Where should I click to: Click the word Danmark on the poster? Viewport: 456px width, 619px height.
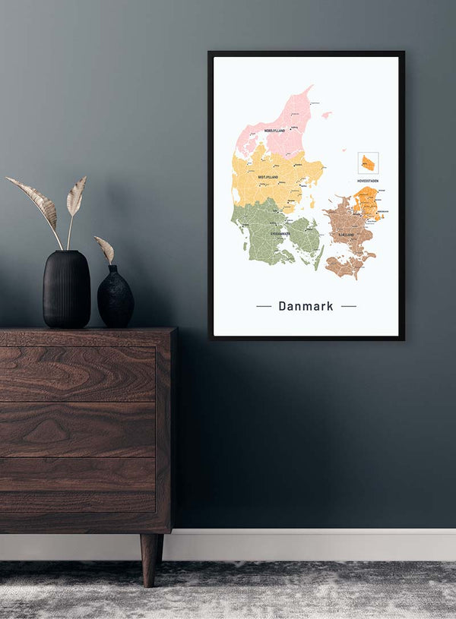pyautogui.click(x=306, y=306)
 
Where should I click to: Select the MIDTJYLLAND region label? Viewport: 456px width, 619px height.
pyautogui.click(x=268, y=177)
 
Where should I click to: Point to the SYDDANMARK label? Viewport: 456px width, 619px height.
pyautogui.click(x=280, y=233)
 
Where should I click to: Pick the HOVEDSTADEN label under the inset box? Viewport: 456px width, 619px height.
pyautogui.click(x=368, y=181)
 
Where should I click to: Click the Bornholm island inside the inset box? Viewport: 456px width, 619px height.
pyautogui.click(x=368, y=163)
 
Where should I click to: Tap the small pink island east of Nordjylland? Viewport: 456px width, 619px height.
pyautogui.click(x=326, y=115)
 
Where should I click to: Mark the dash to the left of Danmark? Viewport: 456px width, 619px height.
pyautogui.click(x=264, y=306)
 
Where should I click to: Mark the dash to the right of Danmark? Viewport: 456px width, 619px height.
pyautogui.click(x=348, y=306)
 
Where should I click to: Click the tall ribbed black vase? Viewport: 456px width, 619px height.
pyautogui.click(x=66, y=289)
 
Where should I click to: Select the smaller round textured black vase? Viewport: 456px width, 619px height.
pyautogui.click(x=116, y=298)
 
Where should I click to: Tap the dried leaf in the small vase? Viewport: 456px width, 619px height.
pyautogui.click(x=105, y=248)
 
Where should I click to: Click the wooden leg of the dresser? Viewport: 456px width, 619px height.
pyautogui.click(x=150, y=559)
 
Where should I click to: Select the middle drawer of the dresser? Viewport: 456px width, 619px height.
pyautogui.click(x=78, y=429)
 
